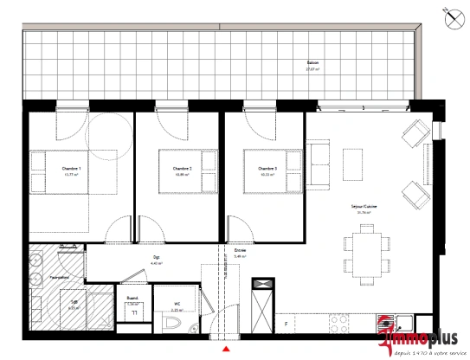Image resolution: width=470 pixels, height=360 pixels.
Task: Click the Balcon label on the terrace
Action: [x=312, y=64]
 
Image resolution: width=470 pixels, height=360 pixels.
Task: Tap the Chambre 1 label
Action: [x=72, y=168]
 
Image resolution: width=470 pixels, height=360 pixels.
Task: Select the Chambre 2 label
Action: [x=182, y=168]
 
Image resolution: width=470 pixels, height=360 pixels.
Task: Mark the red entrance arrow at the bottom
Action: [x=227, y=350]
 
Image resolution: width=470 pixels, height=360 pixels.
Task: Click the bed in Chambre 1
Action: [x=57, y=170]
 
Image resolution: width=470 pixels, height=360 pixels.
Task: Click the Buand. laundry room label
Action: [x=132, y=298]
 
